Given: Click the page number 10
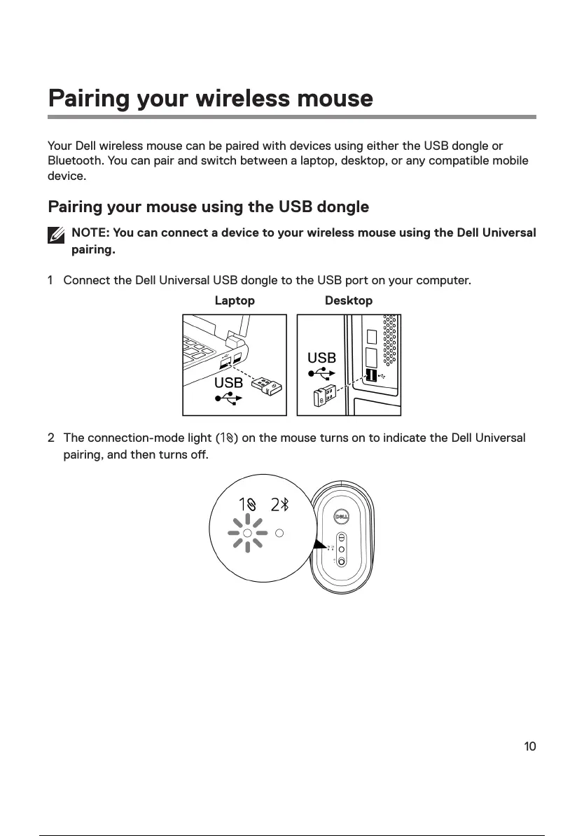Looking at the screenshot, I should (x=530, y=746).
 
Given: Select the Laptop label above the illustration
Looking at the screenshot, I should (x=235, y=300).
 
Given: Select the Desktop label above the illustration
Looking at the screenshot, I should (x=349, y=300).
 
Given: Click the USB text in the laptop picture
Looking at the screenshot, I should (x=228, y=383).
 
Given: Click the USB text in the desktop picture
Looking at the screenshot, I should (x=321, y=358).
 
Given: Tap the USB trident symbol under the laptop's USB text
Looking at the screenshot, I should (x=229, y=398).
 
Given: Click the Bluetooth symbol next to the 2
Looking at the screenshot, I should (x=286, y=505).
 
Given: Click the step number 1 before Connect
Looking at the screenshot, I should (x=50, y=281).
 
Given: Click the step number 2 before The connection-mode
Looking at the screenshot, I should (x=50, y=438).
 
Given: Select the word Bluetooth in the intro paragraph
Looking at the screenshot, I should (x=75, y=161).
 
